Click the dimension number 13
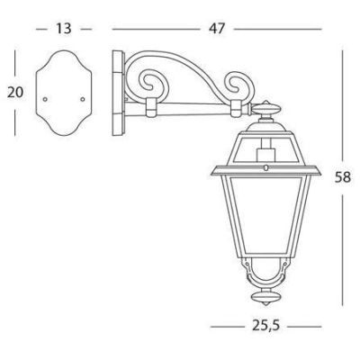click(62, 29)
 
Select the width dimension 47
click(216, 29)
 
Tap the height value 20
click(14, 92)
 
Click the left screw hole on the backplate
click(44, 94)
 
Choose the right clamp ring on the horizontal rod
click(236, 109)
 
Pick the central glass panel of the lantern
click(264, 216)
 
